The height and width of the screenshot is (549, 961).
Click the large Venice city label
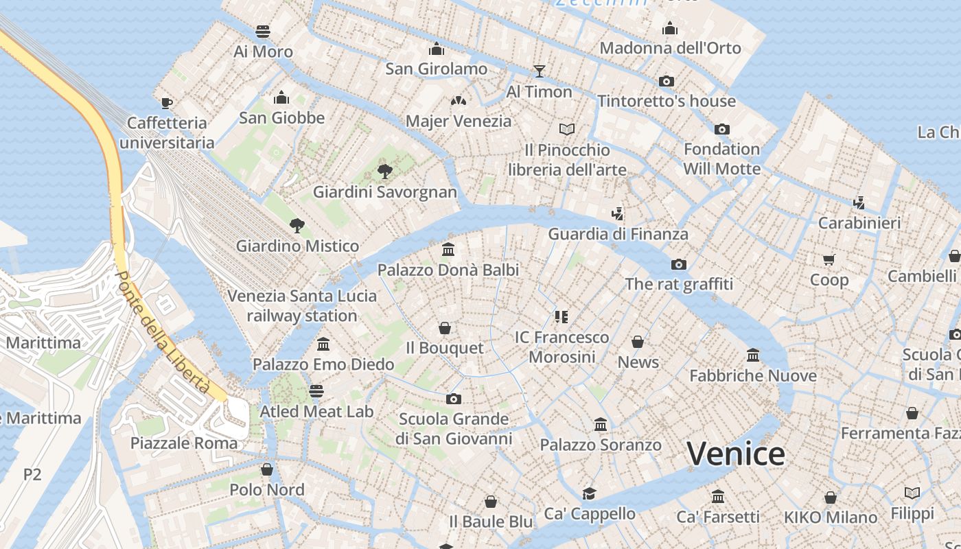pyautogui.click(x=736, y=454)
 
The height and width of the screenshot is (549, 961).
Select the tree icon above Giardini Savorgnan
pyautogui.click(x=385, y=171)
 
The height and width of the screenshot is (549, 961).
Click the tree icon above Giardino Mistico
pyautogui.click(x=297, y=225)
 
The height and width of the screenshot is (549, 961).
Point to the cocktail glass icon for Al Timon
pyautogui.click(x=540, y=71)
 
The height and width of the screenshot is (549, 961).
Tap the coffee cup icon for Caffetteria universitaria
pyautogui.click(x=166, y=103)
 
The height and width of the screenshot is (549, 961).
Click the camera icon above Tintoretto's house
pyautogui.click(x=666, y=81)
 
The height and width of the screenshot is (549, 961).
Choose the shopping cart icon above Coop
pyautogui.click(x=829, y=259)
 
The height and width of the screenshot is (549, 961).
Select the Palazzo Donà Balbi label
pyautogui.click(x=448, y=270)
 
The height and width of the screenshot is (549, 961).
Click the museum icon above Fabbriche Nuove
pyautogui.click(x=753, y=355)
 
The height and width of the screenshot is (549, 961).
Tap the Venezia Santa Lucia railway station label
pyautogui.click(x=302, y=306)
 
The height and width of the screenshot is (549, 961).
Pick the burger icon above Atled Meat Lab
pyautogui.click(x=316, y=391)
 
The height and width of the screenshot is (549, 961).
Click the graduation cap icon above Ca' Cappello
pyautogui.click(x=589, y=493)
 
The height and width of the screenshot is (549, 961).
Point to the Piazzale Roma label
pyautogui.click(x=184, y=443)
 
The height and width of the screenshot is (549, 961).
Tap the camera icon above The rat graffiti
pyautogui.click(x=679, y=264)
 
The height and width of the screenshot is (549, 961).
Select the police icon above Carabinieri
pyautogui.click(x=859, y=202)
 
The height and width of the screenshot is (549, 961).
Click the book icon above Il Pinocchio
pyautogui.click(x=567, y=129)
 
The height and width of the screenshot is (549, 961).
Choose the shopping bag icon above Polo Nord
pyautogui.click(x=267, y=469)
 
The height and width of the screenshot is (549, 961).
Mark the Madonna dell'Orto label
pyautogui.click(x=671, y=48)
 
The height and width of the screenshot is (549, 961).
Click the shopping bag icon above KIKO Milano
pyautogui.click(x=831, y=497)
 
